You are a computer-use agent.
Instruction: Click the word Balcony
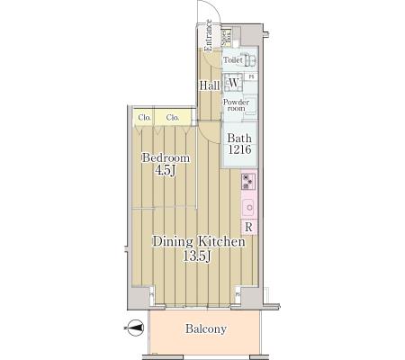(206, 329)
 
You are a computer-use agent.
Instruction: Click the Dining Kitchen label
(198, 242)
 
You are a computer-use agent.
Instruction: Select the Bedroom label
(166, 157)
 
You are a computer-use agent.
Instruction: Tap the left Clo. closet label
(144, 117)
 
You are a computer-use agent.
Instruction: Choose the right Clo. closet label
(172, 117)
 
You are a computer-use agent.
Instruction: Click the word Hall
(210, 85)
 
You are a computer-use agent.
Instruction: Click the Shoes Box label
(227, 37)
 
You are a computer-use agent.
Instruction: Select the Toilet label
(233, 60)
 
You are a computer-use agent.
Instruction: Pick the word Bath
(238, 138)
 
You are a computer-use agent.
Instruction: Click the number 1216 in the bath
(238, 150)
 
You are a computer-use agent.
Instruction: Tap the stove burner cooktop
(247, 181)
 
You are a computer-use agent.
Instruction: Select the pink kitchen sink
(247, 206)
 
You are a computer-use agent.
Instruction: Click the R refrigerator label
(247, 227)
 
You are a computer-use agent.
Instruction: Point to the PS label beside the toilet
(252, 76)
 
